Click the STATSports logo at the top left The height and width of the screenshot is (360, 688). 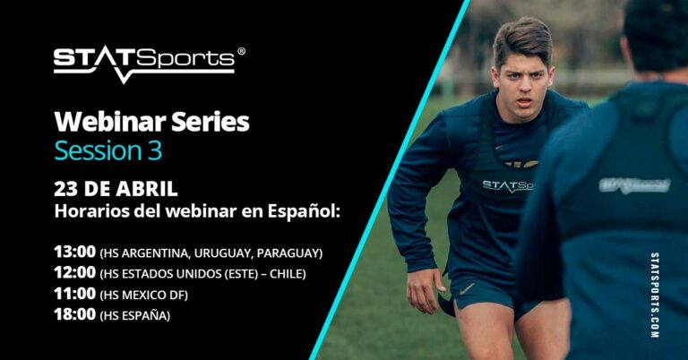(x=145, y=64)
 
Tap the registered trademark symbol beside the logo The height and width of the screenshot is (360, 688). (x=241, y=51)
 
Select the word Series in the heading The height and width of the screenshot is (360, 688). (x=211, y=122)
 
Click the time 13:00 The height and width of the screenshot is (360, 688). (x=74, y=253)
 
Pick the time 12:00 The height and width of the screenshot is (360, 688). (x=74, y=273)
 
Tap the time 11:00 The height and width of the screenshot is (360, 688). (x=74, y=294)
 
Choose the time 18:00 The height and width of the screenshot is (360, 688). (x=74, y=314)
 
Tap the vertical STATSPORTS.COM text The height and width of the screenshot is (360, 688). (x=655, y=296)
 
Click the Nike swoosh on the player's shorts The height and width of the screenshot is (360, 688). (x=467, y=289)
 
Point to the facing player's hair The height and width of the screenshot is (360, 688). (x=522, y=42)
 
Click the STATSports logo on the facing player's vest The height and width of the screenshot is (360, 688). (x=508, y=186)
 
